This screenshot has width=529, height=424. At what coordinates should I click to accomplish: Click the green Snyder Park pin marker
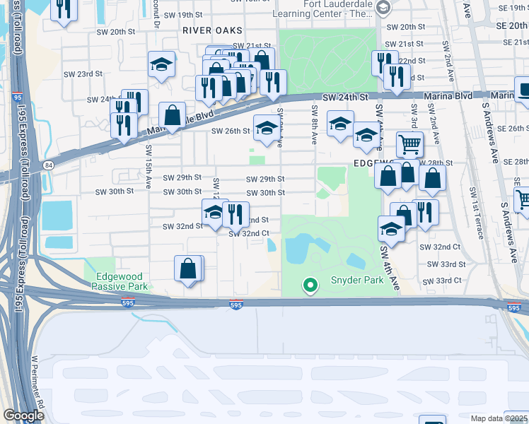point(309,285)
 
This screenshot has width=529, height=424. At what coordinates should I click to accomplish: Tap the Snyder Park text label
point(357,281)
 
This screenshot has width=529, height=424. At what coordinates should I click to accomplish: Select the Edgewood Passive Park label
point(120,281)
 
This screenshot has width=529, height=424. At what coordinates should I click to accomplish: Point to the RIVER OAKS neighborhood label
point(212,31)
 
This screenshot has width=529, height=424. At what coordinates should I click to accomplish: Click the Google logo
point(23,416)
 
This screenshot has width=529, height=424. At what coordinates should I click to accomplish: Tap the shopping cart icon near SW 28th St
point(409,145)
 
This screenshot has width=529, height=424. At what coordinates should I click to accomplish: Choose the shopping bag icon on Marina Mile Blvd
point(172,114)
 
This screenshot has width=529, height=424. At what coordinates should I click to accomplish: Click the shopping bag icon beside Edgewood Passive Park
point(188,269)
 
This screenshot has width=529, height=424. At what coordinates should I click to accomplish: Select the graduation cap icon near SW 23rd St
point(161,65)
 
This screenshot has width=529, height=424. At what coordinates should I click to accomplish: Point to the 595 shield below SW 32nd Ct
point(236,305)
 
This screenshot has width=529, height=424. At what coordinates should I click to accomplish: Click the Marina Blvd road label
point(453,95)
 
